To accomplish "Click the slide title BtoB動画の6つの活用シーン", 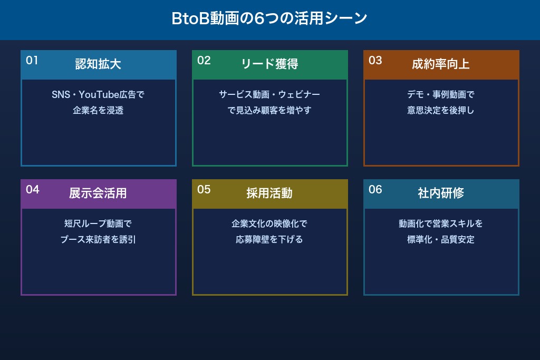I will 269,18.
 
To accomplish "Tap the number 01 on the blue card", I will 32,61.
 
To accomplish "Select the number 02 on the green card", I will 204,61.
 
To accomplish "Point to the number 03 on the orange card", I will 375,61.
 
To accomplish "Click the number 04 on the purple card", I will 33,190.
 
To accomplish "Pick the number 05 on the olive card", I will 204,190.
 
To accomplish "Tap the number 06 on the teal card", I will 375,190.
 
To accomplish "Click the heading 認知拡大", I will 98,64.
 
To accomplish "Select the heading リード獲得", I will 269,64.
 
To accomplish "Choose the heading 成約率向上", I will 441,64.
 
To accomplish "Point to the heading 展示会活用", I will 98,193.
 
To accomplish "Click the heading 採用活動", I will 269,193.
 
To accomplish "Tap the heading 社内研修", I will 441,193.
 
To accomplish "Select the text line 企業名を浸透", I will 98,111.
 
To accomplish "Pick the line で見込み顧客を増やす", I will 269,111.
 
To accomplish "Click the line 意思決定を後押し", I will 441,111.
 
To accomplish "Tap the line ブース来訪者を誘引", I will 98,240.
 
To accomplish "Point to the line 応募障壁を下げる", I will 269,240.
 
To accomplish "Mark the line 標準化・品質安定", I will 441,240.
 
